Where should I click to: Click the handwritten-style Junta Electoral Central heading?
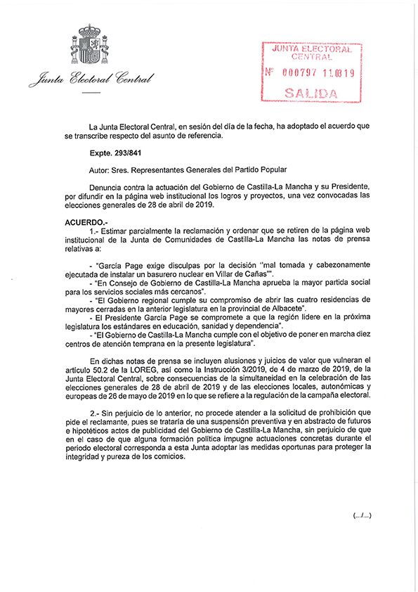[91, 79]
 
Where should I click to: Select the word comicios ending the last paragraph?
[166, 457]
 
